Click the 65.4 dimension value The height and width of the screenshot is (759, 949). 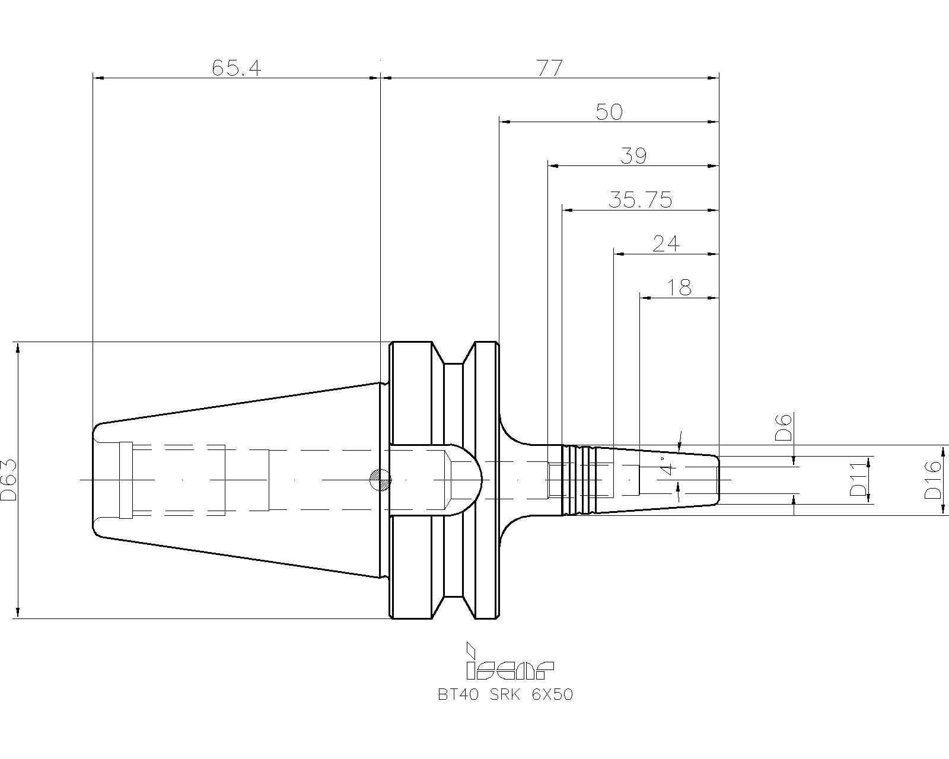(x=237, y=68)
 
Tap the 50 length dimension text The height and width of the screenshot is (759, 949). (x=609, y=112)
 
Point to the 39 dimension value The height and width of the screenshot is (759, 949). (x=633, y=156)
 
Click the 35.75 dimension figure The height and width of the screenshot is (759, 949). (x=641, y=200)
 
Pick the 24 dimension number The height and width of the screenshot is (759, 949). (x=666, y=244)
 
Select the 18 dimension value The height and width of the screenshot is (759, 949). (x=679, y=288)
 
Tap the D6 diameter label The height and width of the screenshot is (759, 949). (x=784, y=428)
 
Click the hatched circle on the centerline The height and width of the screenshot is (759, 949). (x=380, y=479)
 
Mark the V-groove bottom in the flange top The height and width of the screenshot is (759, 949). (x=453, y=364)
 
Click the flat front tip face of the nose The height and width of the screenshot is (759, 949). (x=719, y=480)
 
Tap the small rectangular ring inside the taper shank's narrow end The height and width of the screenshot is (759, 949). (x=126, y=480)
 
